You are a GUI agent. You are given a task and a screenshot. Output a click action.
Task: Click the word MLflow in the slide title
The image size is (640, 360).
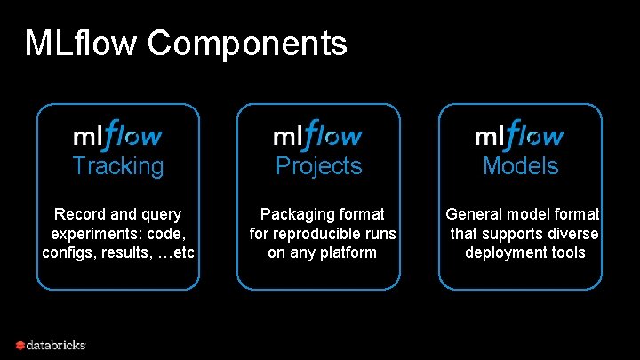click(81, 43)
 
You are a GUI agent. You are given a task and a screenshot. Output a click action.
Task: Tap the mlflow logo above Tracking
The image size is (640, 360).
click(117, 134)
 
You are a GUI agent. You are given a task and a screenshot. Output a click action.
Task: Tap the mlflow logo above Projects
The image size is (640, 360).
click(317, 134)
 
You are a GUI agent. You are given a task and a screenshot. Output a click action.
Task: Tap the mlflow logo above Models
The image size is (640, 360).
click(519, 134)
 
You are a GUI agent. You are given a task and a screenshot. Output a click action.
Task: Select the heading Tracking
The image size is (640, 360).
click(118, 166)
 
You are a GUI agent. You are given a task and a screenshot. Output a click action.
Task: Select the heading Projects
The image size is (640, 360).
click(319, 166)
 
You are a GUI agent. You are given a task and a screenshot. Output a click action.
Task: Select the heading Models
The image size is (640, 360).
click(520, 166)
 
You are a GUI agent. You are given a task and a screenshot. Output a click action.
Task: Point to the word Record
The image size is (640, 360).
click(78, 214)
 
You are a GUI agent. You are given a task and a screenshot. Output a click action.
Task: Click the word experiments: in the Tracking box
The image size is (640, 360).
click(92, 234)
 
